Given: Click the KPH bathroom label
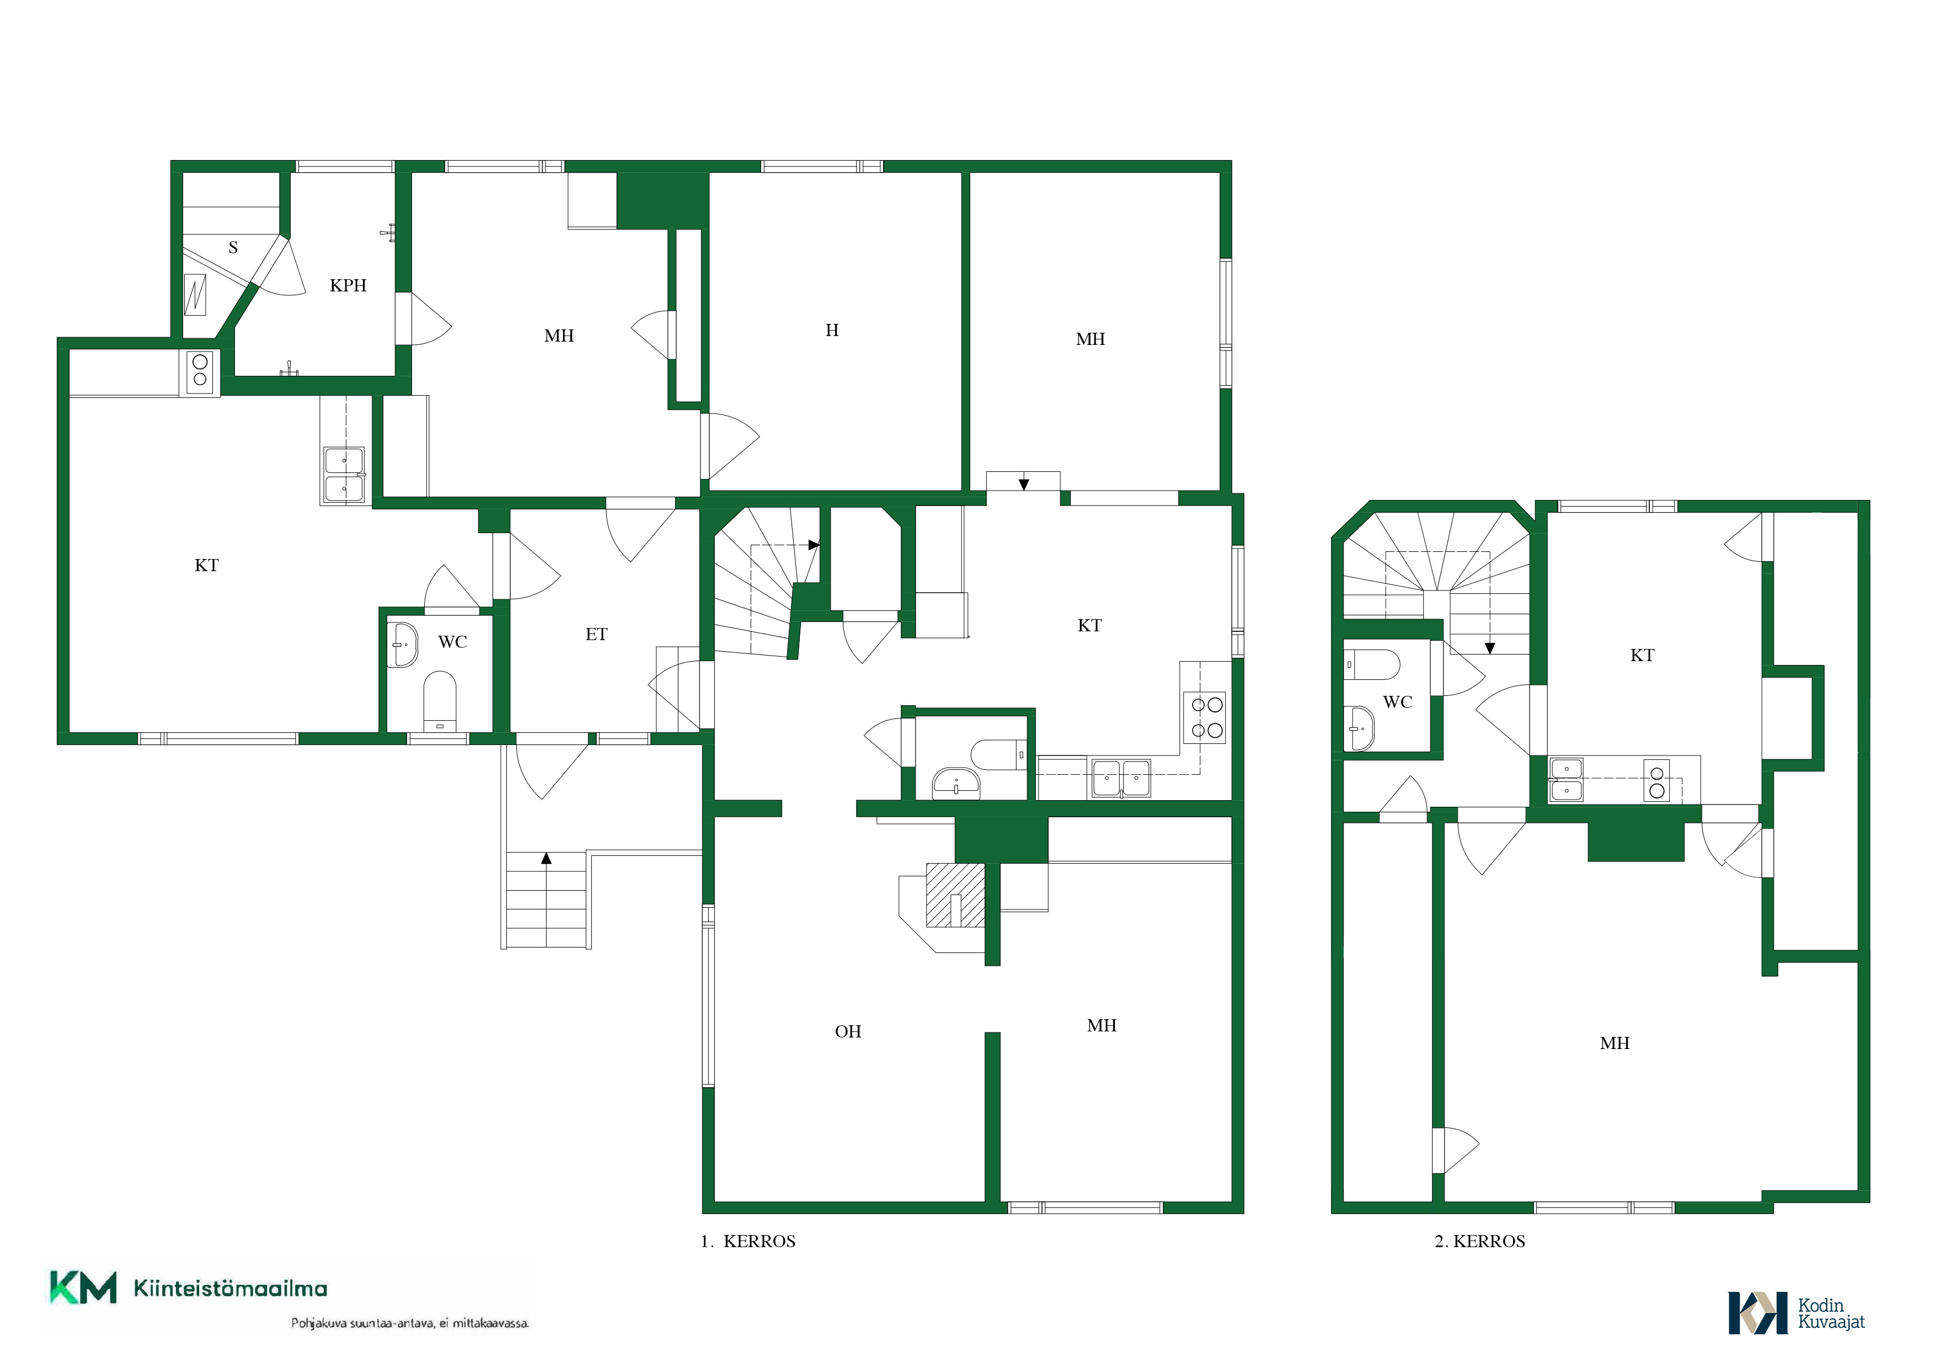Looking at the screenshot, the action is (x=348, y=286).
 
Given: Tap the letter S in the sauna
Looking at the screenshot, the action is (x=233, y=248).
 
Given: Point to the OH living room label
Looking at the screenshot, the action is (x=848, y=1032).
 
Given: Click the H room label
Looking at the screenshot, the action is (x=832, y=331).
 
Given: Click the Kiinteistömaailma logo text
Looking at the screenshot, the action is (x=230, y=1289).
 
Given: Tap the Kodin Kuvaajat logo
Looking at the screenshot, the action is (x=1797, y=1313).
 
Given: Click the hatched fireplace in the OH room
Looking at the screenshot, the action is (x=955, y=895).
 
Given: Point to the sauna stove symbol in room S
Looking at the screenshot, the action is (x=195, y=295).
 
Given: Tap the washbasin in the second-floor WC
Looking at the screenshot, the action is (x=1359, y=727).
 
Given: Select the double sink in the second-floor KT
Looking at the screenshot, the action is (x=1567, y=780).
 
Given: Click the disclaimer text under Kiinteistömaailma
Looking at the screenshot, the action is (x=410, y=1323).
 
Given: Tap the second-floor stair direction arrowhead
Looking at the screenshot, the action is (x=1490, y=648).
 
